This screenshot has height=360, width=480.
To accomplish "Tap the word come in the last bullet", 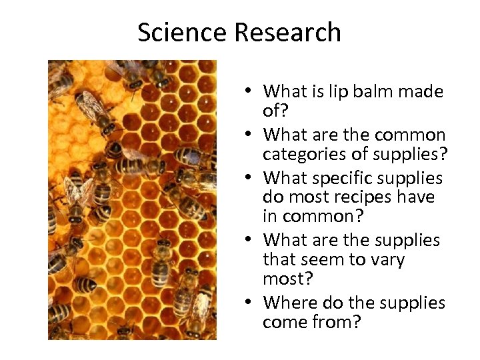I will pyautogui.click(x=284, y=323).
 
